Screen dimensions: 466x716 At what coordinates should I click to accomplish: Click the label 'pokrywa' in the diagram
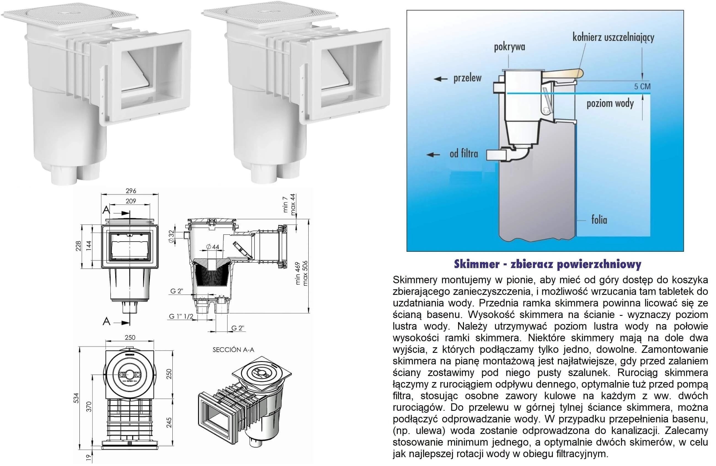pyautogui.click(x=509, y=47)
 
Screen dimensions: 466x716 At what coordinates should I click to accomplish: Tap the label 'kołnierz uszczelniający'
pyautogui.click(x=613, y=38)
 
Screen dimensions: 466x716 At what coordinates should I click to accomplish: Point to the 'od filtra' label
pyautogui.click(x=464, y=154)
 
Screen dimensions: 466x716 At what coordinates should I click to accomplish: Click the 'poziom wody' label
pyautogui.click(x=610, y=104)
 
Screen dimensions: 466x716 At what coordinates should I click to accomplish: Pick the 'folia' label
pyautogui.click(x=599, y=220)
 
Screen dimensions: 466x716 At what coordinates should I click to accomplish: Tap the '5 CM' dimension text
pyautogui.click(x=642, y=87)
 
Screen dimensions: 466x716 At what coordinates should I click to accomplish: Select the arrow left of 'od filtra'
pyautogui.click(x=434, y=155)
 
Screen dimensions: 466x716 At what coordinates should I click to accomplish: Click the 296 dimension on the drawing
pyautogui.click(x=131, y=191)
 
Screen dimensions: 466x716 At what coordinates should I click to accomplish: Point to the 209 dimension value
pyautogui.click(x=131, y=201)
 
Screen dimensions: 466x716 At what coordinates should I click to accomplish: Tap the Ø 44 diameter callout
pyautogui.click(x=213, y=247)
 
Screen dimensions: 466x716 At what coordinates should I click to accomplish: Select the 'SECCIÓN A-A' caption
pyautogui.click(x=233, y=350)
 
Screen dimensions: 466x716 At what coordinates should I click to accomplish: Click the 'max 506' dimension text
pyautogui.click(x=305, y=273)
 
